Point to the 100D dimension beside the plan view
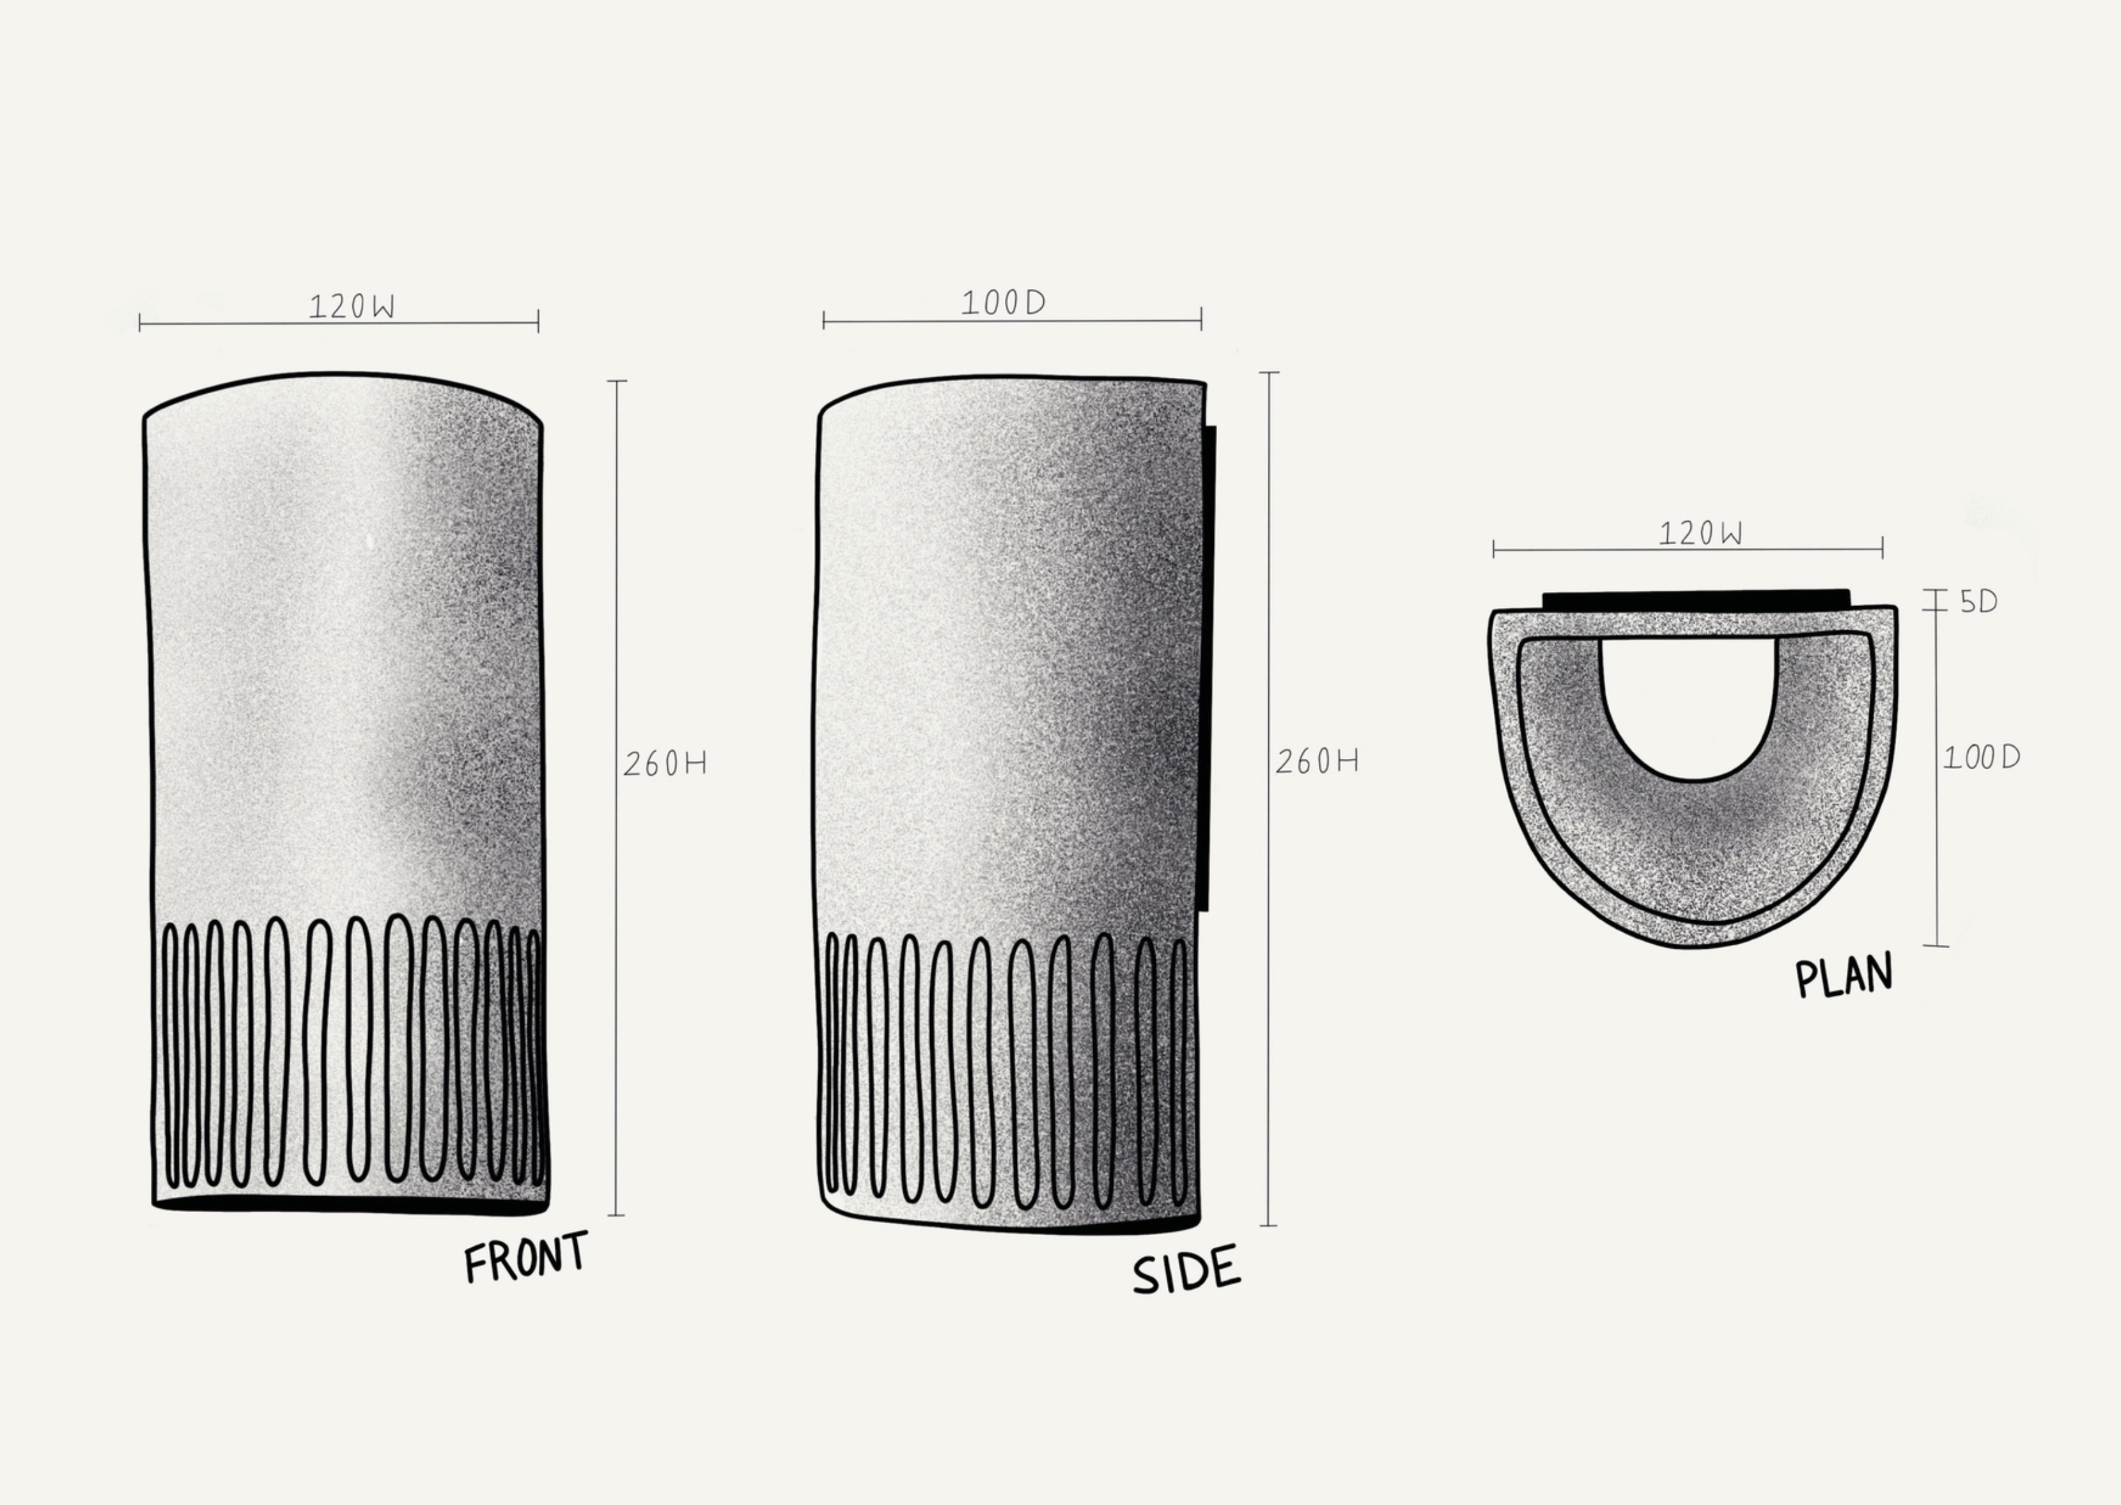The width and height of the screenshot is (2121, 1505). pos(1981,758)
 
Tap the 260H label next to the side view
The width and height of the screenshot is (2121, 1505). pos(1317,761)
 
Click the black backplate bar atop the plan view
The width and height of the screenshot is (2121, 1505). pos(1696,600)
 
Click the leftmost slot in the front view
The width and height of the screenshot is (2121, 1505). pos(171,1056)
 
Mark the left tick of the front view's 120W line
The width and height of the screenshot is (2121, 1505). pos(140,322)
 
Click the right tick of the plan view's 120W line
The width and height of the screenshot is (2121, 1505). pos(1882,549)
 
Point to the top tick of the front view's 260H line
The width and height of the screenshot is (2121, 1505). pos(616,381)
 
